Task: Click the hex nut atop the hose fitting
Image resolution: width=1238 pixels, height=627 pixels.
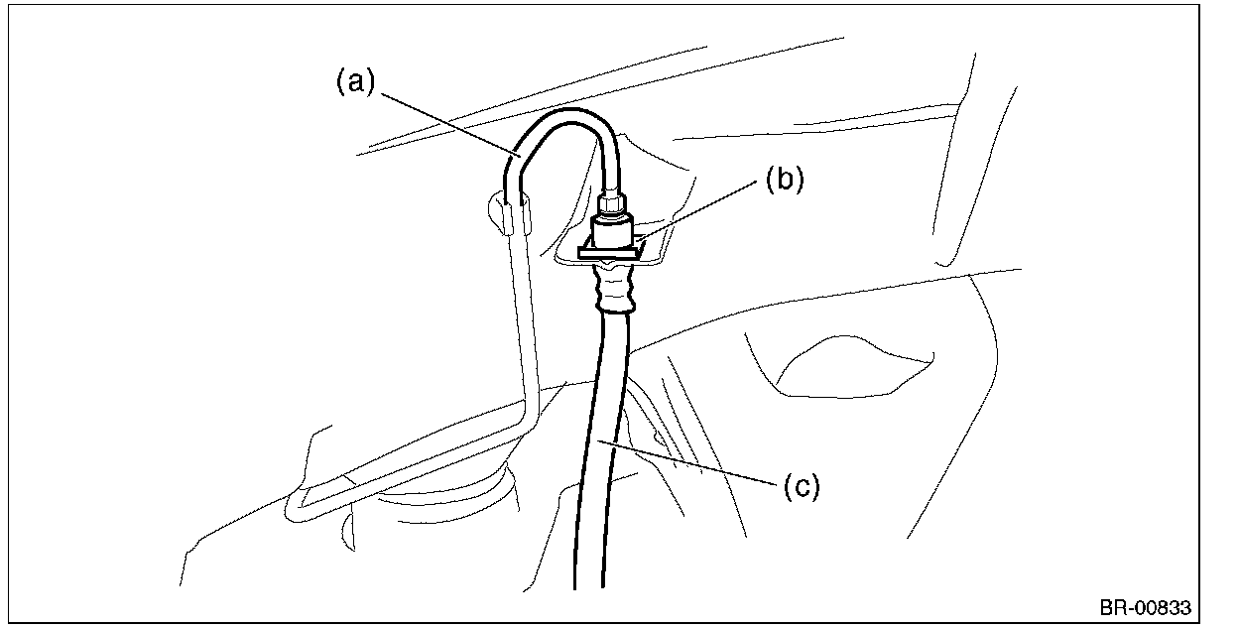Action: (x=611, y=204)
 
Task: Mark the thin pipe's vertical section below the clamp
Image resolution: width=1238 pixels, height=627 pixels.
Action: (x=522, y=317)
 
